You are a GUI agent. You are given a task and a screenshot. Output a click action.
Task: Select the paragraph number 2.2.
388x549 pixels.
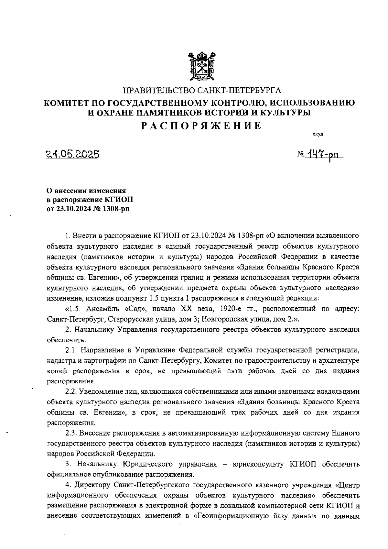[x=70, y=391]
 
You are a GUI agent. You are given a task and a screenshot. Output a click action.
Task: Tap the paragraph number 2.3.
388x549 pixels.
[x=70, y=433]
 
